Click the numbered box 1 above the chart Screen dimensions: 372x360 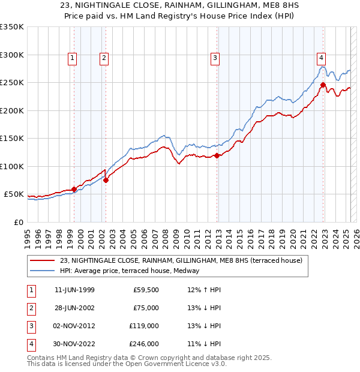(x=72, y=58)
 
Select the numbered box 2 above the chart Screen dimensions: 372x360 (x=104, y=58)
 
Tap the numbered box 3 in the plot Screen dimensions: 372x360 (x=215, y=58)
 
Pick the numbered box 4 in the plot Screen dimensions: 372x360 (x=322, y=58)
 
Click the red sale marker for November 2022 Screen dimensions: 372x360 (x=323, y=85)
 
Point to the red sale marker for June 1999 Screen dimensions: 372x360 (x=74, y=189)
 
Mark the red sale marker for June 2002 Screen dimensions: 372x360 (x=106, y=180)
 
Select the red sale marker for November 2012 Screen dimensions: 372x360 (x=217, y=156)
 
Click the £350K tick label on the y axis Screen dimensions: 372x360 (x=12, y=27)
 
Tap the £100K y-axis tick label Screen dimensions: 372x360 (x=12, y=166)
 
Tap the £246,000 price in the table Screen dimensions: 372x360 (x=144, y=344)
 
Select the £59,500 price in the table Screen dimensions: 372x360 (x=146, y=290)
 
